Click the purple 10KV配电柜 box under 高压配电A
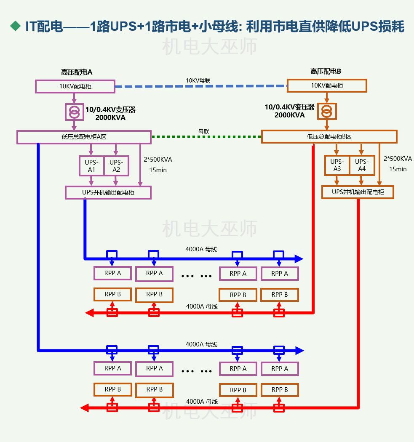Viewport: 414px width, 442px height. (x=75, y=87)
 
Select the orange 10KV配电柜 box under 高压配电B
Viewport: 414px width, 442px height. (x=327, y=85)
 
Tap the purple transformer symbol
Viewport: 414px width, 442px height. (x=74, y=112)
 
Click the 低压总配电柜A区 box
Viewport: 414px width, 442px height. (x=84, y=137)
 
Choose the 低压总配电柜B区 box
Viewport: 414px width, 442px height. (x=329, y=136)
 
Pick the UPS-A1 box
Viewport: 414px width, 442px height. (x=91, y=166)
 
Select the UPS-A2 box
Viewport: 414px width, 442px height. (x=116, y=166)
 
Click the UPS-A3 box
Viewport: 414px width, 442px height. (x=337, y=165)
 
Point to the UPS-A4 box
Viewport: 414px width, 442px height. (x=362, y=165)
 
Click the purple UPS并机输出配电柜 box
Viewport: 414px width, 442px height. (x=108, y=192)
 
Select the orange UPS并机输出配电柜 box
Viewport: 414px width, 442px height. (x=358, y=192)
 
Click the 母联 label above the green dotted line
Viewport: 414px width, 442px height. (x=204, y=131)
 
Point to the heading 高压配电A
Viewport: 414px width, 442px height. (x=76, y=72)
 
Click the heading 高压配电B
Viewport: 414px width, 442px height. (x=326, y=72)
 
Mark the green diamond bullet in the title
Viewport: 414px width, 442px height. (x=16, y=26)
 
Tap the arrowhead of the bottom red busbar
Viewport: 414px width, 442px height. (x=84, y=407)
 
